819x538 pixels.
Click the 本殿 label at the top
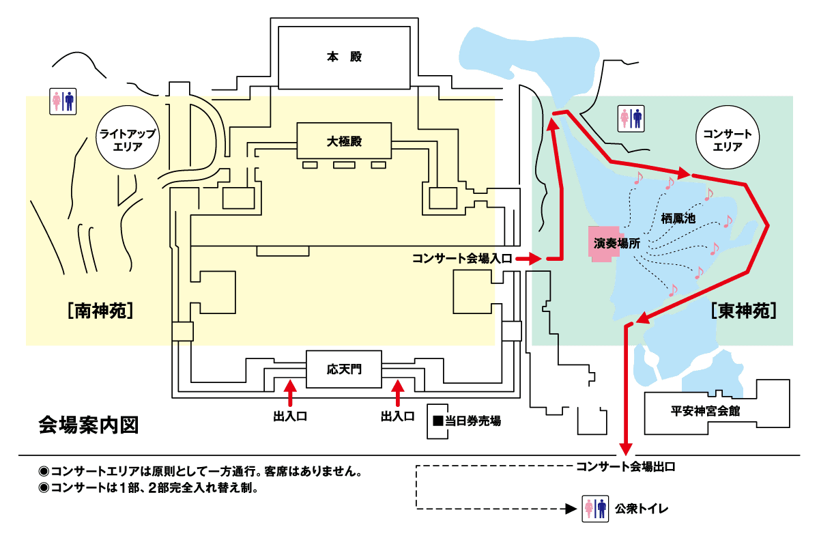[x=343, y=57]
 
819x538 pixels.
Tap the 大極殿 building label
[x=344, y=141]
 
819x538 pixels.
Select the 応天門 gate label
[x=343, y=369]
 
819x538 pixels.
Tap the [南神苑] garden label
[x=100, y=311]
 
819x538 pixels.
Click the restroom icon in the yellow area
[x=63, y=102]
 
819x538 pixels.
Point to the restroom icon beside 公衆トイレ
[x=595, y=509]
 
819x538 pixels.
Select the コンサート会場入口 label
[x=461, y=259]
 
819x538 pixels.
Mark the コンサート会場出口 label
[x=625, y=468]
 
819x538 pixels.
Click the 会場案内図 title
[x=89, y=425]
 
